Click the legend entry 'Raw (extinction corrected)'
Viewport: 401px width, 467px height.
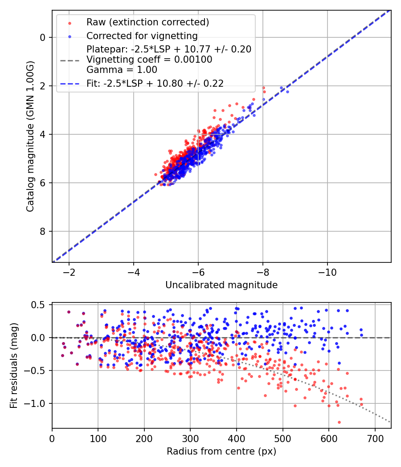(147, 22)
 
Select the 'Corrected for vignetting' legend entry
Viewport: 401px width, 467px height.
(142, 36)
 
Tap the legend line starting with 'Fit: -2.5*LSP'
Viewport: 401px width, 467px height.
(155, 83)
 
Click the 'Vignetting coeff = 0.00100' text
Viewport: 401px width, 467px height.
(149, 60)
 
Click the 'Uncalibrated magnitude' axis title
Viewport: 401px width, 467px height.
(221, 285)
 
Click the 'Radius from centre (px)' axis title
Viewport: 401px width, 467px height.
(221, 451)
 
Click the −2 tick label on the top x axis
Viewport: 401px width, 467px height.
(69, 272)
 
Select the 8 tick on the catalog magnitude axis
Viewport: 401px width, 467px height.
(42, 231)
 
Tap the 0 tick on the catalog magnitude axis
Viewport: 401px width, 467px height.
(42, 37)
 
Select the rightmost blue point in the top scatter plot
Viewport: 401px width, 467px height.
(287, 92)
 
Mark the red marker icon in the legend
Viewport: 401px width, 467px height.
(69, 22)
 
